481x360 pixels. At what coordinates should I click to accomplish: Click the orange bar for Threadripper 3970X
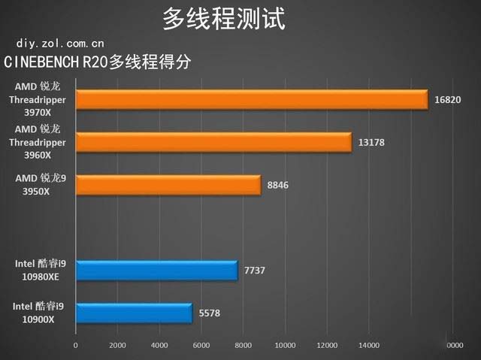[x=252, y=100]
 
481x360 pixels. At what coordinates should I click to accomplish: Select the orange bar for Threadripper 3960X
[x=213, y=142]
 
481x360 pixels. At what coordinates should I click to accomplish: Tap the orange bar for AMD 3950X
[x=168, y=185]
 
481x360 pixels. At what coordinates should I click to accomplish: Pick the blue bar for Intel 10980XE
[x=156, y=270]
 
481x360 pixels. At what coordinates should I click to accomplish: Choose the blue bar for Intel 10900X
[x=134, y=313]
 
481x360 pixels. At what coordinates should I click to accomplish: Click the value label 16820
[x=447, y=100]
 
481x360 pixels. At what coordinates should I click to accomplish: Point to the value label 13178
[x=371, y=142]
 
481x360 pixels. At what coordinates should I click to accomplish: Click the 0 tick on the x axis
[x=75, y=346]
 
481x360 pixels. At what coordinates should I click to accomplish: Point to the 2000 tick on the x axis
[x=117, y=346]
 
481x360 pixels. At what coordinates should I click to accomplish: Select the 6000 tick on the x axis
[x=201, y=346]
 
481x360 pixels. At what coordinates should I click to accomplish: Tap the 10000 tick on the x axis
[x=284, y=346]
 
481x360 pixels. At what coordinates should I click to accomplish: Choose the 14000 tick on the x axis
[x=368, y=346]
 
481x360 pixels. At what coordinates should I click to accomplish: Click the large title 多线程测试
[x=224, y=19]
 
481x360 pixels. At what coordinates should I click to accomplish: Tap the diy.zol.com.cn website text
[x=55, y=43]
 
